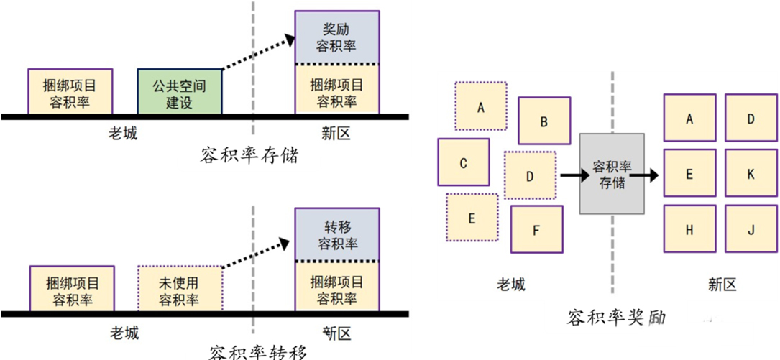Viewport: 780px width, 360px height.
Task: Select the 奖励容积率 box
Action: click(336, 37)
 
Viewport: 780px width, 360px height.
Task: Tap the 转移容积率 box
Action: click(336, 234)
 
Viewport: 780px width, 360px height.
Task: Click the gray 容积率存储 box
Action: click(612, 174)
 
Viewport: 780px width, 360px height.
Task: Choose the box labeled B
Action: click(544, 121)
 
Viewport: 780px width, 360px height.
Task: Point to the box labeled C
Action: click(464, 162)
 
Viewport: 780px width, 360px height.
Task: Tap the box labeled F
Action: click(536, 230)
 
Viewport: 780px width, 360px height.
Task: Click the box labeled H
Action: click(689, 230)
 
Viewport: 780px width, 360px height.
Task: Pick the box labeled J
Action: click(751, 230)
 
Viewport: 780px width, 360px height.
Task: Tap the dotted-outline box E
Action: click(472, 218)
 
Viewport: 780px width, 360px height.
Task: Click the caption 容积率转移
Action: click(257, 352)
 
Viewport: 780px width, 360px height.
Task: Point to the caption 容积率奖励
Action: click(616, 317)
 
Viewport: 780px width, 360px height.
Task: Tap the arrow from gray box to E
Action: click(653, 175)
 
